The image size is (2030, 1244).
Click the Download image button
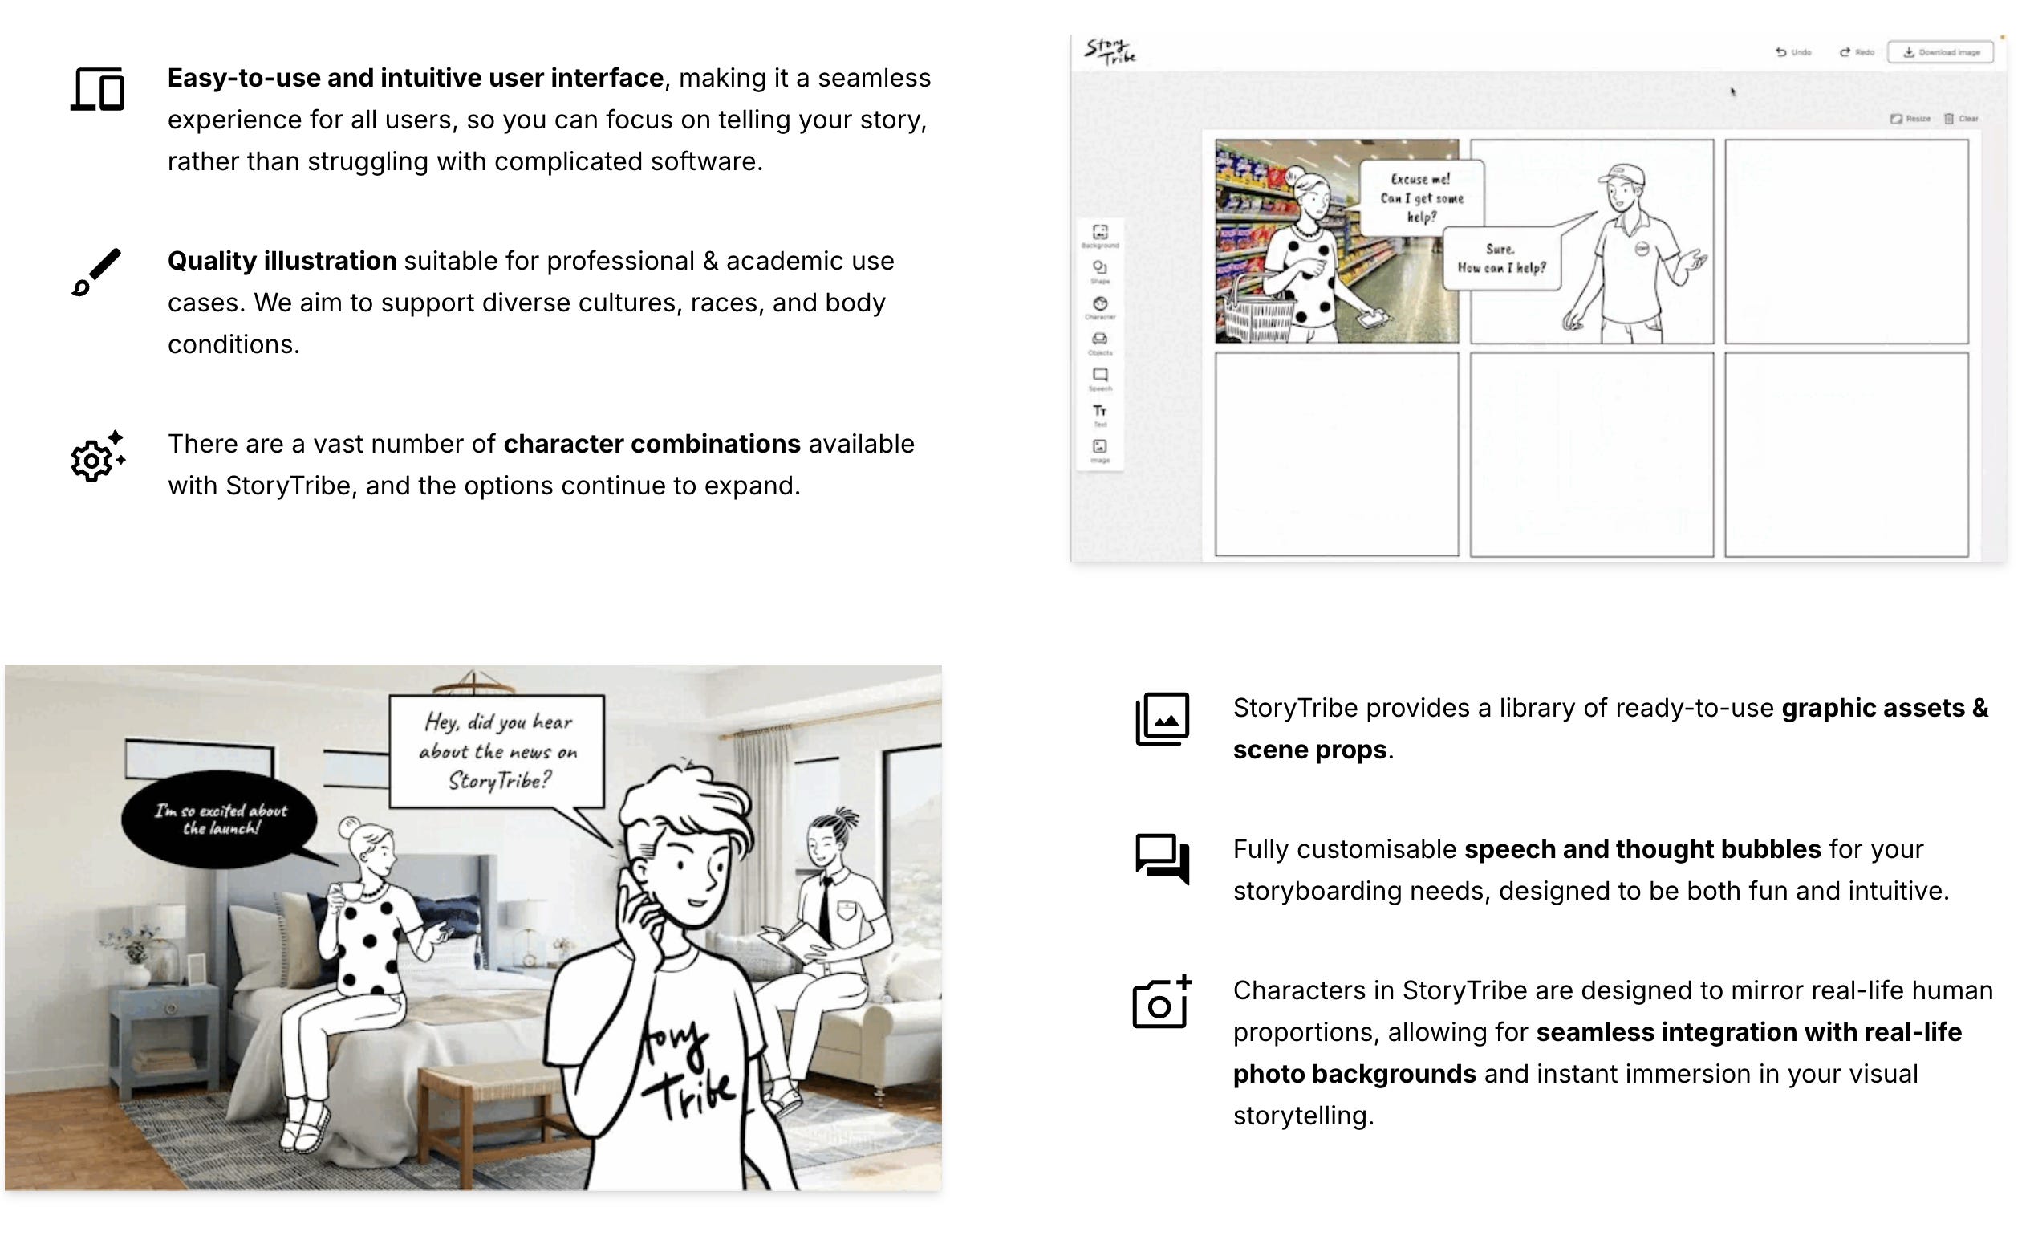pyautogui.click(x=1940, y=52)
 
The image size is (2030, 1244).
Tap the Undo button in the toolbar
pyautogui.click(x=1793, y=52)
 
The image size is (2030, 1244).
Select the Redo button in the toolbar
pyautogui.click(x=1857, y=52)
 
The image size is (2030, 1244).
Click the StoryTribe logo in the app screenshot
pyautogui.click(x=1110, y=51)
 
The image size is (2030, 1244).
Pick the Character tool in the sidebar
pyautogui.click(x=1100, y=307)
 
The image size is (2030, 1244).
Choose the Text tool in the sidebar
pyautogui.click(x=1100, y=413)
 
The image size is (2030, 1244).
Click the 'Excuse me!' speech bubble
pyautogui.click(x=1421, y=197)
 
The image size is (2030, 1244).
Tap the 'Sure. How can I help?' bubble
pyautogui.click(x=1502, y=258)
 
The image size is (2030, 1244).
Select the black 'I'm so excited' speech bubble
pyautogui.click(x=219, y=819)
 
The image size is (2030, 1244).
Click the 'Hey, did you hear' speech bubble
pyautogui.click(x=497, y=751)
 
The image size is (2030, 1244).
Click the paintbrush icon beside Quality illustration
pyautogui.click(x=96, y=272)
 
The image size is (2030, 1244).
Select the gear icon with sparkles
pyautogui.click(x=97, y=456)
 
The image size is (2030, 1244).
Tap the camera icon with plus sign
pyautogui.click(x=1162, y=1002)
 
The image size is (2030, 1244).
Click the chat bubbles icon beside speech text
pyautogui.click(x=1162, y=860)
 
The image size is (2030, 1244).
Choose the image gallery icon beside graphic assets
pyautogui.click(x=1162, y=719)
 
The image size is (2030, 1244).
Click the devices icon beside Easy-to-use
pyautogui.click(x=97, y=89)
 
